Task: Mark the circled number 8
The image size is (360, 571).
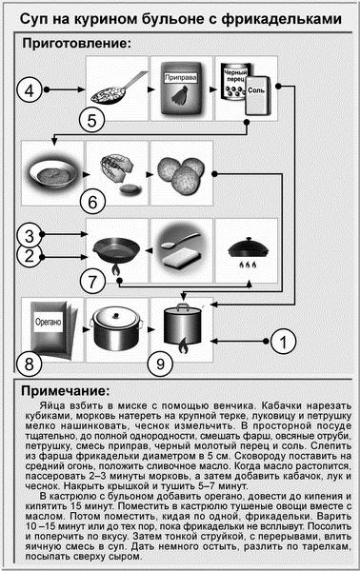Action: tap(30, 364)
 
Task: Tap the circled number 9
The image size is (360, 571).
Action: tap(161, 364)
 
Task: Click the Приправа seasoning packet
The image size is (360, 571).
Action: tap(181, 88)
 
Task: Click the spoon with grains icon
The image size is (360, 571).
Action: tap(116, 90)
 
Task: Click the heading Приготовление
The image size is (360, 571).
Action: tap(73, 44)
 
